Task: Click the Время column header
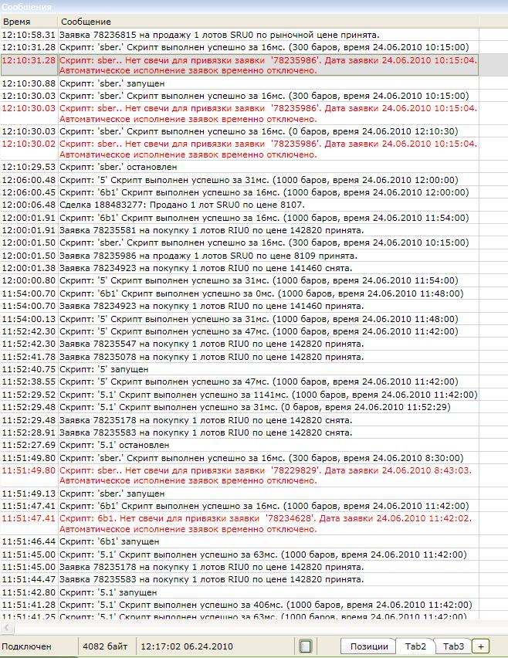[16, 22]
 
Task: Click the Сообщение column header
[86, 22]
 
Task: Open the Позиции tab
[368, 646]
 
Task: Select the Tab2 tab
[416, 646]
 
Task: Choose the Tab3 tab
[453, 646]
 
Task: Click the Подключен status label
[26, 646]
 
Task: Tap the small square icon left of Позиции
[306, 646]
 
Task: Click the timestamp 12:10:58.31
[29, 35]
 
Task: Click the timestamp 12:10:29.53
[29, 167]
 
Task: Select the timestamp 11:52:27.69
[29, 445]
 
